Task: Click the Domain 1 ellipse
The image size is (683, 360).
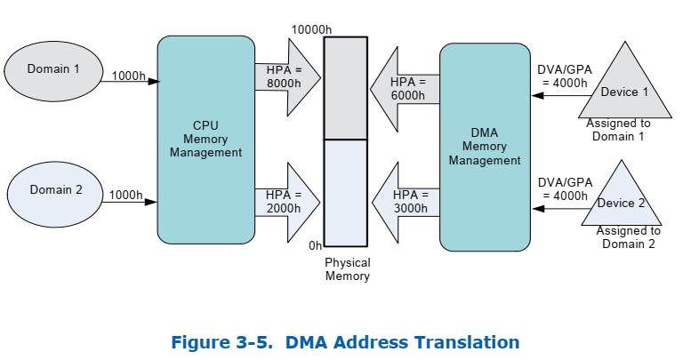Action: point(52,69)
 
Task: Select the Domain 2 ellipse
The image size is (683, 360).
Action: point(55,189)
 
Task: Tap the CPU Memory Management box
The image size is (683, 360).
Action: point(205,140)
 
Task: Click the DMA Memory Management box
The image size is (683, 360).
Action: point(484,147)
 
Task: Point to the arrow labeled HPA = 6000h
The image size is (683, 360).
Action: point(406,89)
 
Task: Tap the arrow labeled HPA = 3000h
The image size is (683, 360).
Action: point(406,201)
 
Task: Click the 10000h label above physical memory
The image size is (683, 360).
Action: point(311,29)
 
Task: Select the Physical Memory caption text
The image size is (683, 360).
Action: point(347,269)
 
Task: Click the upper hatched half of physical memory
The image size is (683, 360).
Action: point(344,88)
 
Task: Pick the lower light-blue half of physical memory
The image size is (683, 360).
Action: point(344,192)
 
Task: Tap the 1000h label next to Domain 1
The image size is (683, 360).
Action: point(128,76)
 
